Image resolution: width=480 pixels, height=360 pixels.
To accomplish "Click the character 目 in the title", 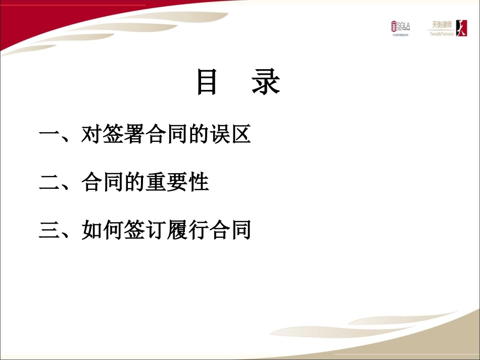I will point(207,83).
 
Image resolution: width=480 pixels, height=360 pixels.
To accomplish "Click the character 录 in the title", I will point(266,83).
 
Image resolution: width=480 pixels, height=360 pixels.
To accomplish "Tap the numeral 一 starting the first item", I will point(49,135).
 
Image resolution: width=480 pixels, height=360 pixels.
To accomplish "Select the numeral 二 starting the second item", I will point(49,183).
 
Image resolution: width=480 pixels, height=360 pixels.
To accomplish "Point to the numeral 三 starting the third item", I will point(49,231).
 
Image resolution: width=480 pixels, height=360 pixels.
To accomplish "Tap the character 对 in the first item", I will point(91,135).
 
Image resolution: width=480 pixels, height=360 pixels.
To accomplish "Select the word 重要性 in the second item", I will point(176,183).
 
